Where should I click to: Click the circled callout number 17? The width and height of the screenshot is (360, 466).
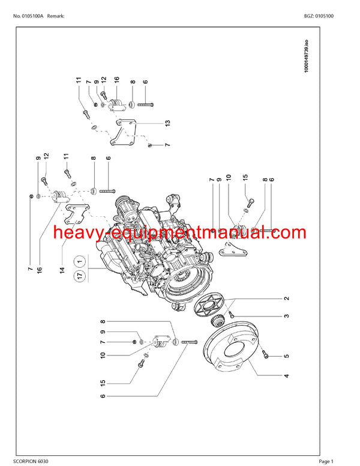[x=79, y=276]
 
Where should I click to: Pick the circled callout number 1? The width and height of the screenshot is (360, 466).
[x=79, y=261]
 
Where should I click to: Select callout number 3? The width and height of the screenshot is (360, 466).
[x=287, y=316]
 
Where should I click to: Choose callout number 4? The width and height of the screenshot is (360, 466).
[x=287, y=376]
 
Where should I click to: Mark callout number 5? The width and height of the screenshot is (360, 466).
[x=287, y=356]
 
